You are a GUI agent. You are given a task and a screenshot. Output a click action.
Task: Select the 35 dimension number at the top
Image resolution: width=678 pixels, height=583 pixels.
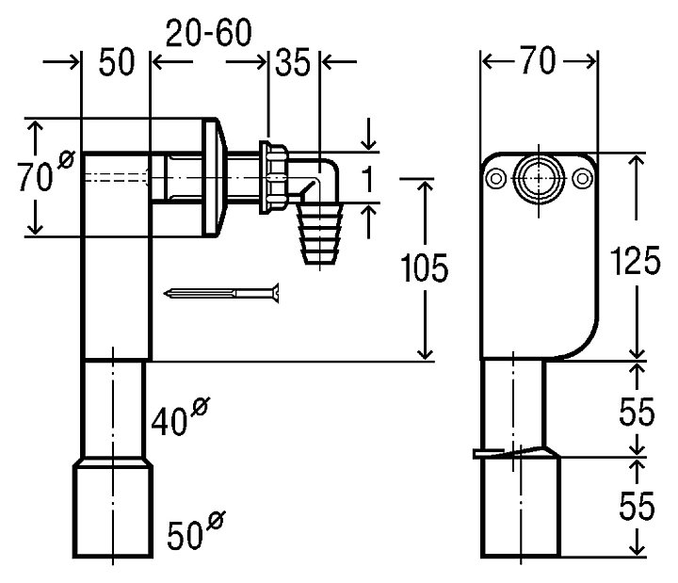tap(293, 62)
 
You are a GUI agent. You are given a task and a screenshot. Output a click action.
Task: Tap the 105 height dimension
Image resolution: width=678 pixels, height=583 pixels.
tap(424, 268)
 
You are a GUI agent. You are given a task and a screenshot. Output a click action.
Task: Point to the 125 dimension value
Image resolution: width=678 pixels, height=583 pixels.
tap(635, 260)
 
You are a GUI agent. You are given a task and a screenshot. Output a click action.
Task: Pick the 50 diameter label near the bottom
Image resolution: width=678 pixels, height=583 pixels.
tap(196, 529)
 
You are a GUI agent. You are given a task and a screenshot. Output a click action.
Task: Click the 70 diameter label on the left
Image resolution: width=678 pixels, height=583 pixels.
tap(46, 170)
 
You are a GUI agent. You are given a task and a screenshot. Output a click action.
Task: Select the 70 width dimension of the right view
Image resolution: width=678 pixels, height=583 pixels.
tap(538, 60)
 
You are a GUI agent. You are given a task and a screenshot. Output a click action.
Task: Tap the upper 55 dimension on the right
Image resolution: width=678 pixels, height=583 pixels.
tap(637, 412)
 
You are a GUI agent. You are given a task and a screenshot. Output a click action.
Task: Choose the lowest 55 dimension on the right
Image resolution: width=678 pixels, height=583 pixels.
tap(637, 505)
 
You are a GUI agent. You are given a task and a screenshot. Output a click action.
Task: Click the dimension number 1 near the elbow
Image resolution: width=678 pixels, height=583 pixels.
tap(367, 179)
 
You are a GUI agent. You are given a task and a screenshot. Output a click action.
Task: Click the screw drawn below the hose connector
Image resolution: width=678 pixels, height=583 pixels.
tap(221, 293)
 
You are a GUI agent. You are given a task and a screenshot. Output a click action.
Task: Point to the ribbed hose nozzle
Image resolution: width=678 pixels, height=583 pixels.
tap(319, 234)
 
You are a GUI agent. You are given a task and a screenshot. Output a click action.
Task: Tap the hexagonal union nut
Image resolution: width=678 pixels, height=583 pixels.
tap(273, 177)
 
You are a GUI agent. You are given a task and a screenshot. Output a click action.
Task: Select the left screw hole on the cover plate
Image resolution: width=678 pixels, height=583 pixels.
tap(495, 178)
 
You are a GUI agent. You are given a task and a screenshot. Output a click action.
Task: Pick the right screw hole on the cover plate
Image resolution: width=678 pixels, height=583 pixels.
tap(583, 178)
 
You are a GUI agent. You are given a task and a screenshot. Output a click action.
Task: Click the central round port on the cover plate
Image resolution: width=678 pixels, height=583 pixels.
tap(539, 178)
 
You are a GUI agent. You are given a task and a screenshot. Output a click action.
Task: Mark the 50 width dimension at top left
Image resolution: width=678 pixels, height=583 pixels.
tap(117, 62)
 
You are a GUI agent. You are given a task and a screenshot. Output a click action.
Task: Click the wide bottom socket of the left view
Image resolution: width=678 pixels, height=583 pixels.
tap(113, 509)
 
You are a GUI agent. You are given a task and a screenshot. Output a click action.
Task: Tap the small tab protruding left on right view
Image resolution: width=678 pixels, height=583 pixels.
tap(488, 454)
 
